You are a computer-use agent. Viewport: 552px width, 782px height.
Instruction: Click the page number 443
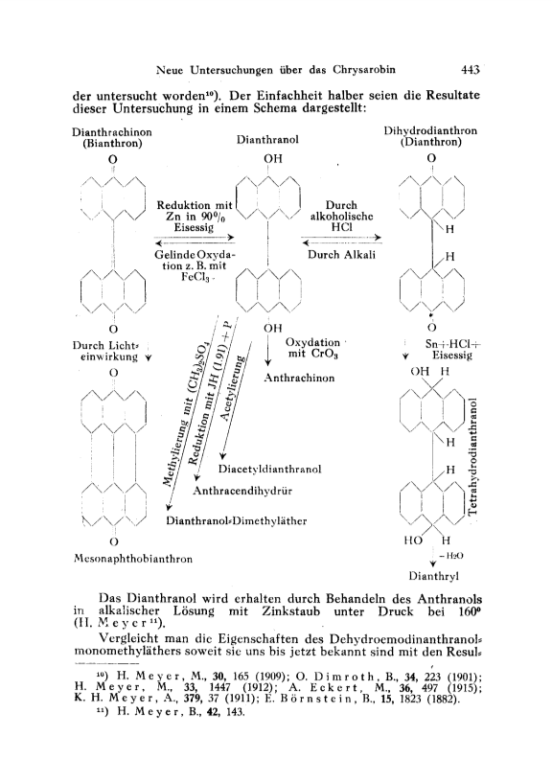471,70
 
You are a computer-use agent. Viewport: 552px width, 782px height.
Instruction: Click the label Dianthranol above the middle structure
267,140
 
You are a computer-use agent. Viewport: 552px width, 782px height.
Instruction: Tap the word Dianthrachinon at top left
112,132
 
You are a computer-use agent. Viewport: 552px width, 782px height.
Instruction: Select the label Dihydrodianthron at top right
430,130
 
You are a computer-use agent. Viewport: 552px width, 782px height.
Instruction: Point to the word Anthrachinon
299,378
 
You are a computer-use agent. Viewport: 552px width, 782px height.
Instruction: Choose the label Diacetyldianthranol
269,469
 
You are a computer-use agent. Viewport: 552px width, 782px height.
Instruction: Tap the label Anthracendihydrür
242,491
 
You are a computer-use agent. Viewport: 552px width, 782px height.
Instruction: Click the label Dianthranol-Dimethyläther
237,520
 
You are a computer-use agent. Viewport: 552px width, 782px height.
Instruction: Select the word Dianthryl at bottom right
434,576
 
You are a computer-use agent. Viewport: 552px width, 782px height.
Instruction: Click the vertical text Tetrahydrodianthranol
473,455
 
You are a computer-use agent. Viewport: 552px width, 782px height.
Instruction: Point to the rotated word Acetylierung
234,387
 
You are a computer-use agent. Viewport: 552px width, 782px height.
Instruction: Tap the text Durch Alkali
341,254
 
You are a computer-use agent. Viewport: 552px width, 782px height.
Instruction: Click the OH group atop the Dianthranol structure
273,158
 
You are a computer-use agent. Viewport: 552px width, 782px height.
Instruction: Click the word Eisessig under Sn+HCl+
452,356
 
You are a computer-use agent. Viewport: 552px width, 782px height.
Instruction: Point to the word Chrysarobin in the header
364,70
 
